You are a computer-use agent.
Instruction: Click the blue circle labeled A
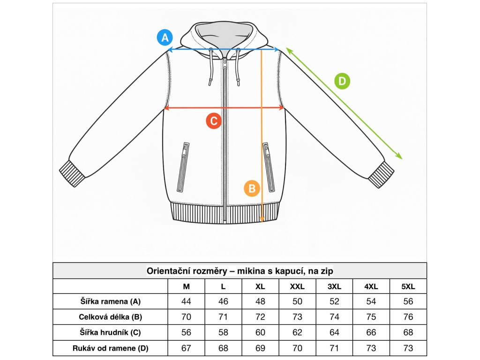click(x=165, y=37)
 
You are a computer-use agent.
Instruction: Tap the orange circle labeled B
click(x=252, y=188)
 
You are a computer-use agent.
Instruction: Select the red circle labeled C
click(x=214, y=121)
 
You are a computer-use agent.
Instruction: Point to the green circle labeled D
click(x=342, y=82)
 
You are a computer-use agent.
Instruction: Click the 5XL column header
click(x=408, y=286)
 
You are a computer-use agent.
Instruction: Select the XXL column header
click(x=297, y=286)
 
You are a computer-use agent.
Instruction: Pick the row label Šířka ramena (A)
click(x=110, y=301)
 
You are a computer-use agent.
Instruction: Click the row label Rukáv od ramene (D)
click(x=110, y=348)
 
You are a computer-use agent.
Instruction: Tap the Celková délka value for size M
click(x=186, y=317)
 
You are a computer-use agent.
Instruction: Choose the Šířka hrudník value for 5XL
click(x=408, y=332)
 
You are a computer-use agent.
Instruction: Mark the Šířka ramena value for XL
click(x=260, y=301)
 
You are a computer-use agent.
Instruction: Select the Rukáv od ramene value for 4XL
click(x=371, y=348)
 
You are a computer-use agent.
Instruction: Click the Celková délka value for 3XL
click(x=334, y=317)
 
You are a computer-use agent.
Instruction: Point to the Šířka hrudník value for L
click(x=223, y=332)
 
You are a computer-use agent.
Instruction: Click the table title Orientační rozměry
click(x=240, y=271)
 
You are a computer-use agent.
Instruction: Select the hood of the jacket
click(x=225, y=33)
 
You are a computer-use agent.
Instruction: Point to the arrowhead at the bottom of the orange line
click(x=262, y=219)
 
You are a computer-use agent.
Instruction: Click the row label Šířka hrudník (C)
click(x=110, y=332)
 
